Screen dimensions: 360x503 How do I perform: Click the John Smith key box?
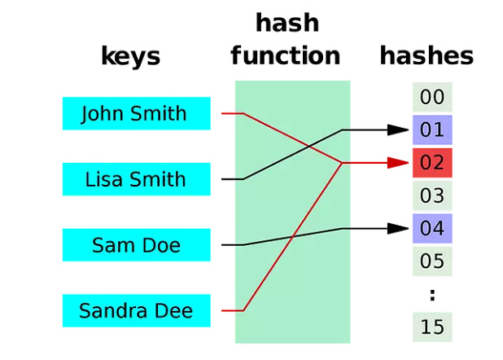(136, 113)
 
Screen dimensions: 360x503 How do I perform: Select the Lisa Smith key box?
(136, 179)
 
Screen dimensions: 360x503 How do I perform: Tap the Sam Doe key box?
(136, 245)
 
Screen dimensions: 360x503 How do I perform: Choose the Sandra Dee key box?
(136, 310)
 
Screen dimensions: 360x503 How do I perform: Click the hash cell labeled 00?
(432, 98)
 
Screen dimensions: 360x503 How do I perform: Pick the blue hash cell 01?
(432, 130)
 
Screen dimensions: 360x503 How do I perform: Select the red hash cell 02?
(432, 163)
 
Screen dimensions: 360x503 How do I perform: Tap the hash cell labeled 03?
(432, 195)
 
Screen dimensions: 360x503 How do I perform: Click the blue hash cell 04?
(432, 228)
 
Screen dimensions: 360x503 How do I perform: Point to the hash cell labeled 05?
(432, 261)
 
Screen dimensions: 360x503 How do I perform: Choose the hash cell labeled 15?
(432, 327)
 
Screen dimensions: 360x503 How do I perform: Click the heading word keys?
(130, 57)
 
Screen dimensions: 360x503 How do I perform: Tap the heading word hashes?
(426, 55)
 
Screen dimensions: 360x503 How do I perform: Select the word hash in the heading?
(287, 23)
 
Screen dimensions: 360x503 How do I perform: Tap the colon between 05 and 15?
(432, 295)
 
